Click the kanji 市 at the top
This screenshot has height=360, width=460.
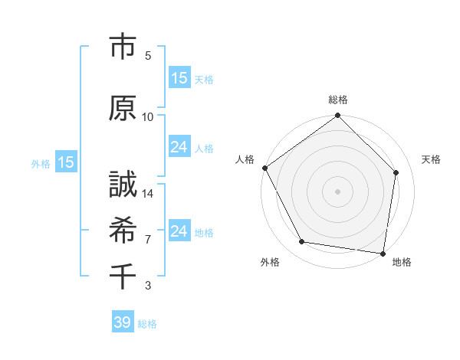(123, 47)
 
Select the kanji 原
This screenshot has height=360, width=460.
(123, 107)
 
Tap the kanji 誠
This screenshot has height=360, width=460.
(123, 185)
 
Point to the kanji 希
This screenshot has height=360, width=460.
(123, 229)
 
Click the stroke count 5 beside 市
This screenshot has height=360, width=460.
(148, 56)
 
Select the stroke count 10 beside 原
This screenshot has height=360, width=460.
(148, 117)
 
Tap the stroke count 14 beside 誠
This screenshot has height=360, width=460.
(148, 195)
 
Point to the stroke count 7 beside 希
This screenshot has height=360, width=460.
(148, 240)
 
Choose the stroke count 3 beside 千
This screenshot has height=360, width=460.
(148, 286)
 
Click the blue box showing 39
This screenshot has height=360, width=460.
(122, 322)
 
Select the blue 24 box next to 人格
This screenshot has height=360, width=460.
(179, 147)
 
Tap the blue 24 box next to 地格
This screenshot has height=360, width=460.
(179, 231)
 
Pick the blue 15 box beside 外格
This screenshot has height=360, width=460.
(65, 162)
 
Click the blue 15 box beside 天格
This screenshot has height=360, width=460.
(179, 77)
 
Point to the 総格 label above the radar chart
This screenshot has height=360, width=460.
(338, 100)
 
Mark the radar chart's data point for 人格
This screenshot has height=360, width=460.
(264, 168)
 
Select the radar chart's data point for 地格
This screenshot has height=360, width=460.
(383, 253)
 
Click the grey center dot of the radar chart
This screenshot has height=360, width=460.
(338, 191)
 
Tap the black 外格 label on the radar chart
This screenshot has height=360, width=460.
(270, 263)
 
